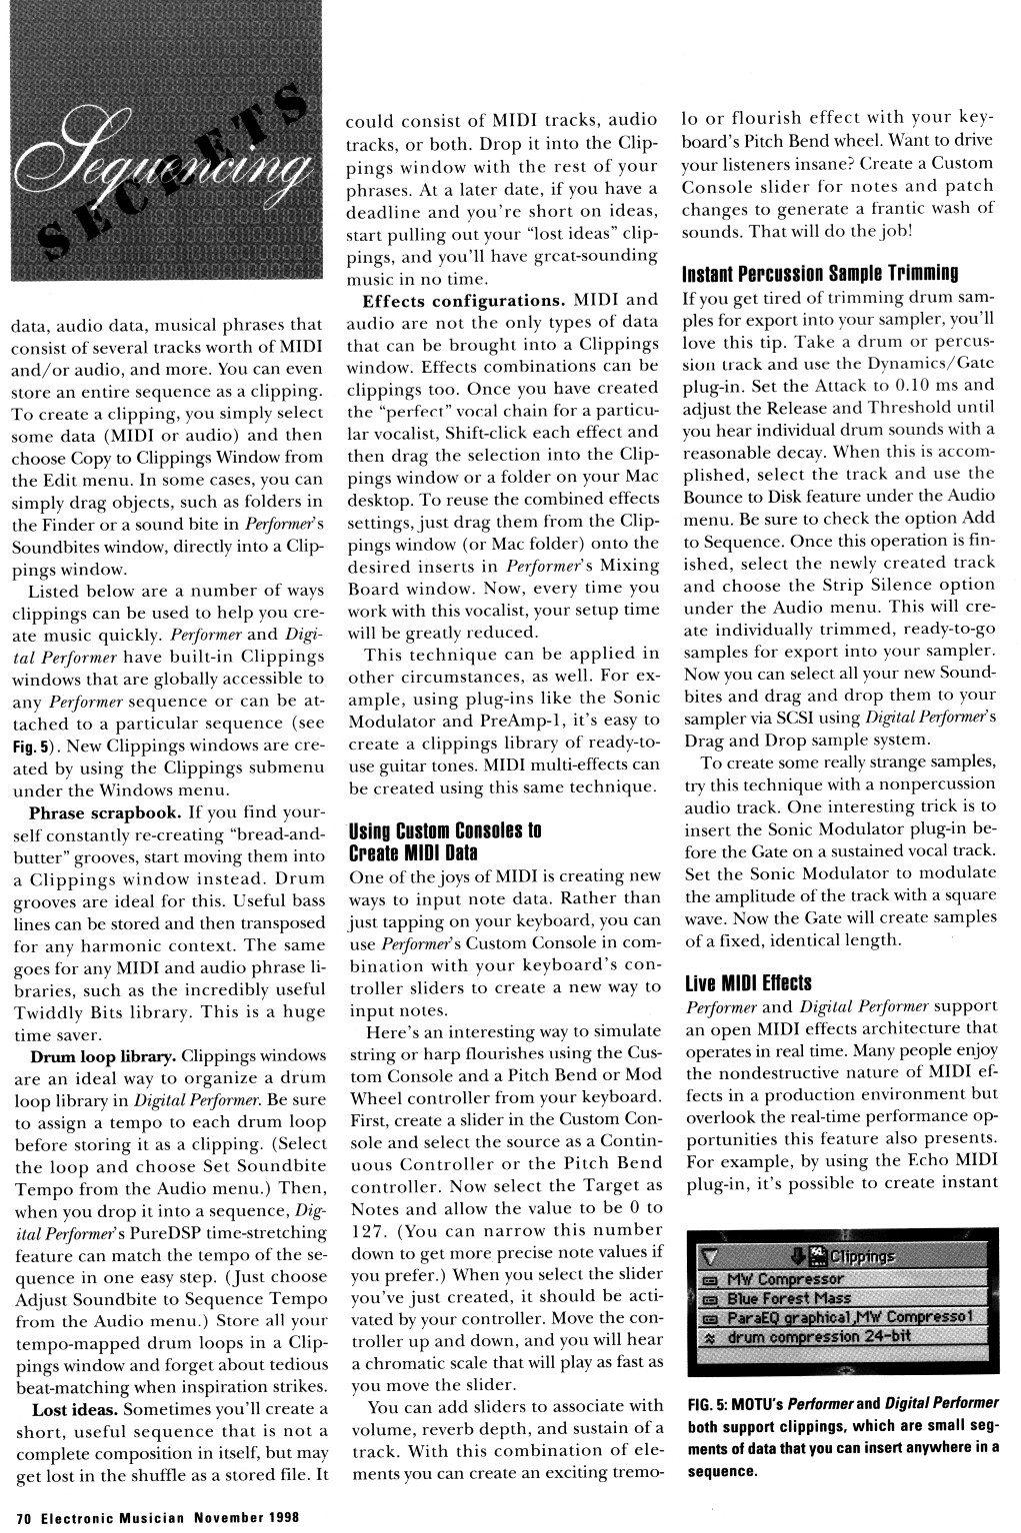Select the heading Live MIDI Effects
click(x=748, y=982)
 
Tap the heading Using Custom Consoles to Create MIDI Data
click(x=445, y=841)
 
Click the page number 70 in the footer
click(x=23, y=1516)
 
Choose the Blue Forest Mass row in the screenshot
click(x=789, y=1298)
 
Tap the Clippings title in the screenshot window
click(x=861, y=1257)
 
